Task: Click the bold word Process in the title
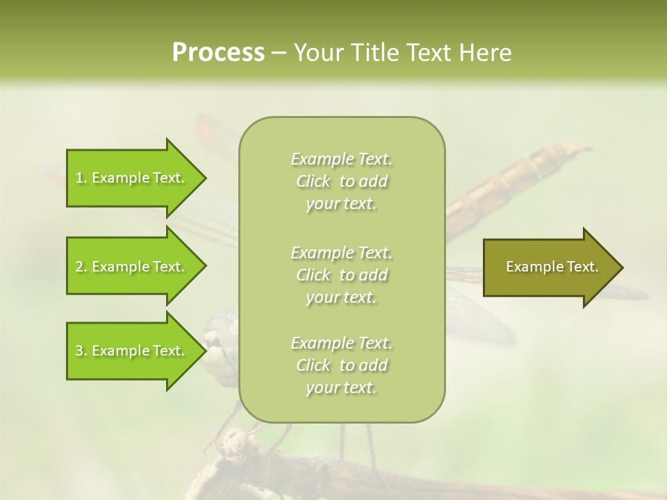coord(218,53)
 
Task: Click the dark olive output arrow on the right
coord(552,267)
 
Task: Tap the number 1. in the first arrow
coord(81,178)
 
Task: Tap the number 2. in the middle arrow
coord(81,267)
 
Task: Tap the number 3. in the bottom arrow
coord(81,351)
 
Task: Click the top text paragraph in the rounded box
coord(342,181)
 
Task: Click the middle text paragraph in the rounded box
coord(342,275)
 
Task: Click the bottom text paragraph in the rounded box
coord(342,365)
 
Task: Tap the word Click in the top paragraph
coord(313,181)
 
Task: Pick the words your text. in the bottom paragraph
coord(340,388)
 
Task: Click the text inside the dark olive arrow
coord(552,267)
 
